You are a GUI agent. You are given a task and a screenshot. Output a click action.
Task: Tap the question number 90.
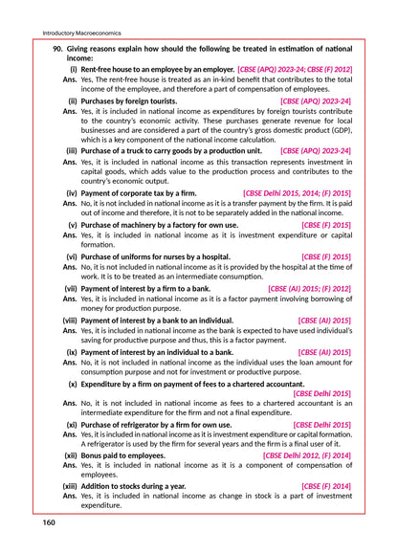(57, 47)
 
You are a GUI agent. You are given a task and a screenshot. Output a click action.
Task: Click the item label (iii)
(72, 150)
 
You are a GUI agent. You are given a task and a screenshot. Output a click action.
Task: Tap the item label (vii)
(71, 288)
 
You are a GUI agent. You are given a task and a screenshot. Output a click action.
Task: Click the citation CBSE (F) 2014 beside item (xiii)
(326, 486)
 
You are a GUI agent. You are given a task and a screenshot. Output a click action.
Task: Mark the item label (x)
(73, 382)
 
